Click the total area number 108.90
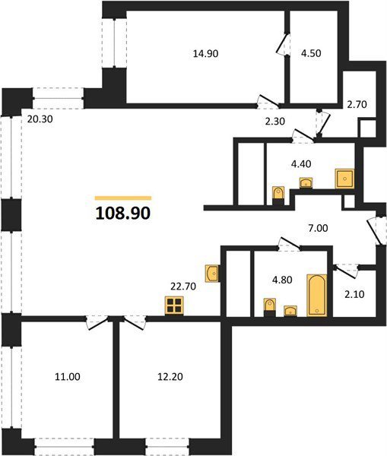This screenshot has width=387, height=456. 123,213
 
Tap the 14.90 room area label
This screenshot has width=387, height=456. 205,53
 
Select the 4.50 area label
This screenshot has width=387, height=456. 311,53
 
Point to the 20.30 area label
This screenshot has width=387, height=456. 40,119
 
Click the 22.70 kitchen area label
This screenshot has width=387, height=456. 183,287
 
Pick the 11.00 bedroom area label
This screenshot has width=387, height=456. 68,377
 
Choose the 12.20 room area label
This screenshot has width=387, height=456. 170,377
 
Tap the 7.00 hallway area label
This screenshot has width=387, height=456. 318,228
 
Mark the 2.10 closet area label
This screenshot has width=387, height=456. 354,294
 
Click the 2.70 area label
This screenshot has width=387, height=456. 357,104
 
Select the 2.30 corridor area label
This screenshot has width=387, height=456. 275,121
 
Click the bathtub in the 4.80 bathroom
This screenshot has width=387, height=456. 317,295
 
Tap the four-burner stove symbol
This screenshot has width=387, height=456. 174,306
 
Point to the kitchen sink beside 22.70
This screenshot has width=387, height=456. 212,274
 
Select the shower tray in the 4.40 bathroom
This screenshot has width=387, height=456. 344,179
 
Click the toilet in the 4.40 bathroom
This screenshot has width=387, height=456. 278,195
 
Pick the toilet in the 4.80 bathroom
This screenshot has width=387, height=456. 270,307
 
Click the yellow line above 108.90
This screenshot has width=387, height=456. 123,198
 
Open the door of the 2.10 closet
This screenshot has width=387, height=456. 345,270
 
